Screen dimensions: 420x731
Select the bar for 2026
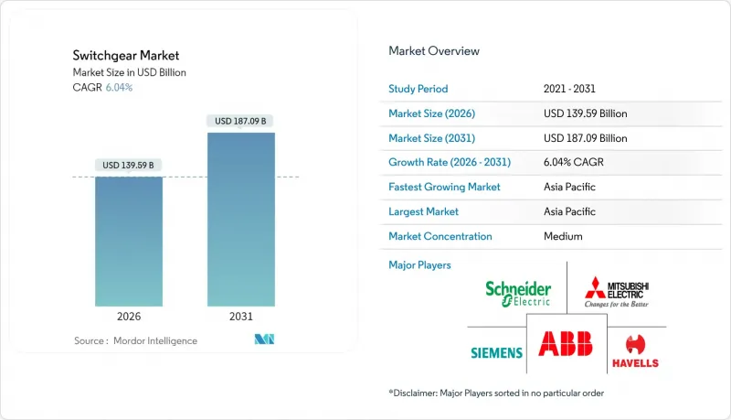129,242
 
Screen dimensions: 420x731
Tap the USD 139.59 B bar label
129,166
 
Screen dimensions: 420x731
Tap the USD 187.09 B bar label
241,121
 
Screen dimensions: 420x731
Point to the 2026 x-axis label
129,317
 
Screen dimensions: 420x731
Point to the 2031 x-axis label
240,317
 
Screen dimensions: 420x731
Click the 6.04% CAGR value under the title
121,87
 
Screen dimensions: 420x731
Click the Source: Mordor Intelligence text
135,340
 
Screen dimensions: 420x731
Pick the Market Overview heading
434,51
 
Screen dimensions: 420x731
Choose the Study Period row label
419,89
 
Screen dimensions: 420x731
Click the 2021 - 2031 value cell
570,89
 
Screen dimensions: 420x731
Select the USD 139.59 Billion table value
585,113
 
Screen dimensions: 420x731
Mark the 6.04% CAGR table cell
574,162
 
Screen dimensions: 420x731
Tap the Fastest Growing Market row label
445,187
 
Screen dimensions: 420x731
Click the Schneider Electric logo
518,292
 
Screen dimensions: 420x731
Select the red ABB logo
566,343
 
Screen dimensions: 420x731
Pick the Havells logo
634,350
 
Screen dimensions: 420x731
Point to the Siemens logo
496,352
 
